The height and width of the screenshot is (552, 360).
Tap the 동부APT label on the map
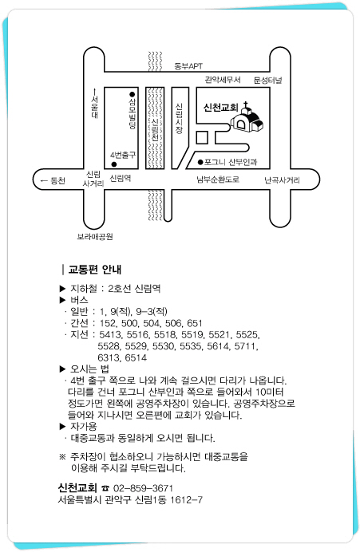[188, 66]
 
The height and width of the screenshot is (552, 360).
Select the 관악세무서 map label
[223, 80]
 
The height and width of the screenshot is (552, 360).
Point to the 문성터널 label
[267, 81]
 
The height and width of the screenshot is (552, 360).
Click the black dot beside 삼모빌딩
[132, 94]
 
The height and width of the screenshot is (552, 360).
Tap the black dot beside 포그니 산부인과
[200, 162]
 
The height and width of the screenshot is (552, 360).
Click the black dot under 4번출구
[114, 164]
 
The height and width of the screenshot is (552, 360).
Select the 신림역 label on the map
[121, 178]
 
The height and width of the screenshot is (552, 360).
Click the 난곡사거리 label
[282, 180]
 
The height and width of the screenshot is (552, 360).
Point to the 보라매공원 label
[95, 237]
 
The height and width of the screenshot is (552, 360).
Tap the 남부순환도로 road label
[218, 179]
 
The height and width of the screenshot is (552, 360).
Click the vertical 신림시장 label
[180, 118]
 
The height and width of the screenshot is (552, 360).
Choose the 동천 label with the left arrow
[53, 181]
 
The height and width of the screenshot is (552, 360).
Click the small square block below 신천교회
[202, 138]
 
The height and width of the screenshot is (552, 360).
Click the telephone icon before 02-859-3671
[105, 488]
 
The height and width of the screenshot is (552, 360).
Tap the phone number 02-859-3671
[143, 488]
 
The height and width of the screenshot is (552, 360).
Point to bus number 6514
[136, 357]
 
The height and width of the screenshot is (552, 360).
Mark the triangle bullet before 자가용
[63, 427]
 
